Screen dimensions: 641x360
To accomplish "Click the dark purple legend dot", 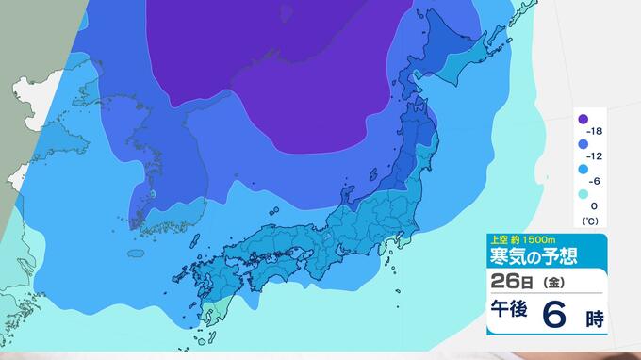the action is click(583, 120).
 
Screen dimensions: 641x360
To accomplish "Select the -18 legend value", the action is click(595, 130).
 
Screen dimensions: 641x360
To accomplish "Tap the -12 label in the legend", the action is click(595, 155).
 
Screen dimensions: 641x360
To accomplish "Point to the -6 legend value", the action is click(595, 181).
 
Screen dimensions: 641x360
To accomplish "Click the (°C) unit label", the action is click(589, 221).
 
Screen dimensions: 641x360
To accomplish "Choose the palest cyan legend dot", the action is click(583, 194).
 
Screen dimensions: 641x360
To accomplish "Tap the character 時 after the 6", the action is click(593, 318).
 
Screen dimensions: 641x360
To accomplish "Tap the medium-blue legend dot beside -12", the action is click(583, 144).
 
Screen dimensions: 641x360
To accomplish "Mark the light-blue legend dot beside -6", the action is click(583, 170).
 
